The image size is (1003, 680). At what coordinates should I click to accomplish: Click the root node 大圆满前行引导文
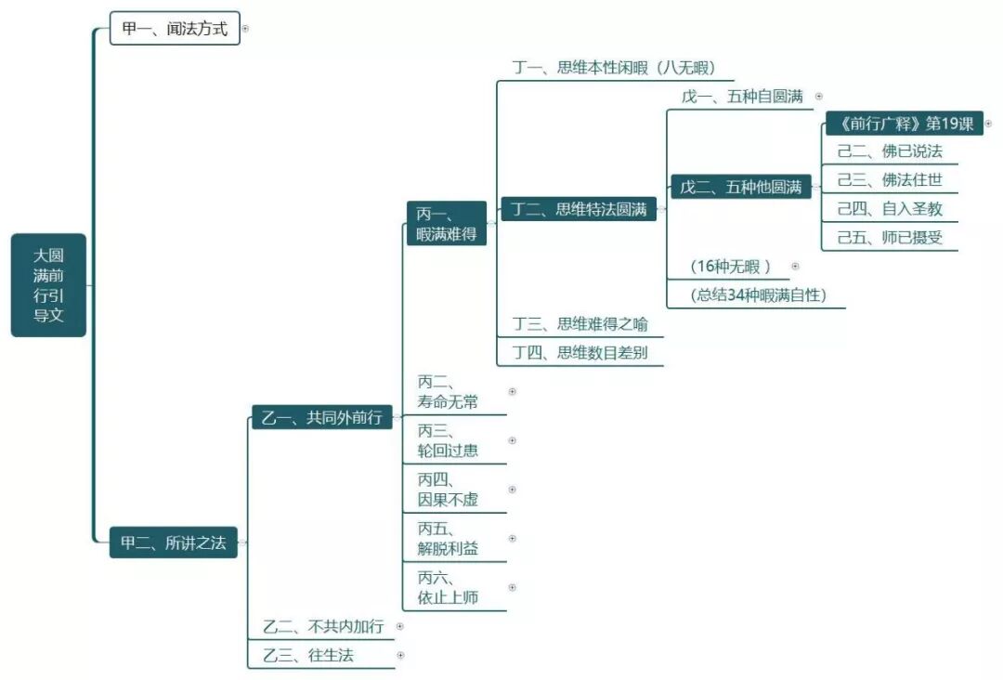48,284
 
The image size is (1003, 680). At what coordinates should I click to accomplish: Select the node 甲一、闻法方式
175,29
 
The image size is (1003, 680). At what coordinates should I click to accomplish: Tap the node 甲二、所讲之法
174,543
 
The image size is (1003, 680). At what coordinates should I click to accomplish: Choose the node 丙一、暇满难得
447,224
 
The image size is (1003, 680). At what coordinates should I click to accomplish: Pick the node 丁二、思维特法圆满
579,209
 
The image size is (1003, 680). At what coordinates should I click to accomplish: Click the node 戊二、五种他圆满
740,187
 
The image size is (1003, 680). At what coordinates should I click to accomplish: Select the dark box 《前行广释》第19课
905,124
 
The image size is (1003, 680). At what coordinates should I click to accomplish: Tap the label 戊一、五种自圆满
742,96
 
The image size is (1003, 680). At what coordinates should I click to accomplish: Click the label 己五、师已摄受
890,237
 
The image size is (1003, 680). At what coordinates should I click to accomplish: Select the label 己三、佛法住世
890,180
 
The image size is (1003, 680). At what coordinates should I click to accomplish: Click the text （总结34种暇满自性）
758,295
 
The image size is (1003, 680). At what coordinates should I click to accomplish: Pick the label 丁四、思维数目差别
580,352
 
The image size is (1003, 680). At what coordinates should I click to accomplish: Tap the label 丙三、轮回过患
448,440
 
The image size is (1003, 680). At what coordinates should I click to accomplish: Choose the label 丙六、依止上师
448,588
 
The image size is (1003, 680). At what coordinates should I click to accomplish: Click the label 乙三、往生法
308,655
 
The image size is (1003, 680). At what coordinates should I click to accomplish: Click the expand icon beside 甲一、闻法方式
245,29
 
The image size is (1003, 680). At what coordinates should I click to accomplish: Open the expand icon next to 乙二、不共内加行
400,626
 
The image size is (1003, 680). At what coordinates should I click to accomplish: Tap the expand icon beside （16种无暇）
795,266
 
